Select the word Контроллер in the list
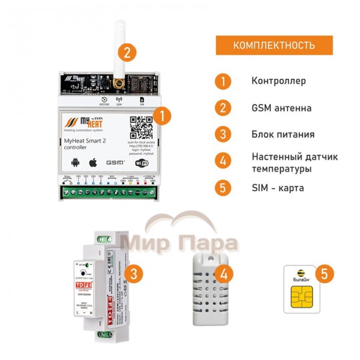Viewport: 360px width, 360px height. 279,81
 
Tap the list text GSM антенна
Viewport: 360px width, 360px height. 281,108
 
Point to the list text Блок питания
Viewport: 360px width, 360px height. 283,135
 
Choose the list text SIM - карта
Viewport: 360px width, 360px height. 278,188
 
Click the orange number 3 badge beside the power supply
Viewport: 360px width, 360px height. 133,274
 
